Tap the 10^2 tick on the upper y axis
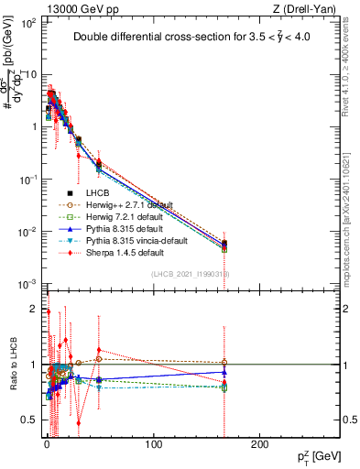tap(28, 22)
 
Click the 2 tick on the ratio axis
tap(33, 309)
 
